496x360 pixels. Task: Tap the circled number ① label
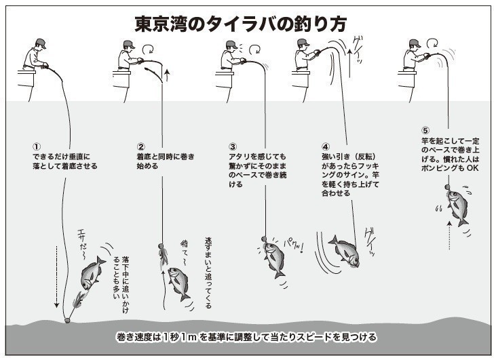37,146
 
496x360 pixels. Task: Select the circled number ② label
140,146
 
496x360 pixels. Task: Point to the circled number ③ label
233,146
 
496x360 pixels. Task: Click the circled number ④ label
325,146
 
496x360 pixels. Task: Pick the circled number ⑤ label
425,131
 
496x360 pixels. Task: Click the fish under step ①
93,273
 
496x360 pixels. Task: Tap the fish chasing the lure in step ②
178,281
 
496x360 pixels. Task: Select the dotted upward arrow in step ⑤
449,235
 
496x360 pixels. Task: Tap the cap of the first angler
39,43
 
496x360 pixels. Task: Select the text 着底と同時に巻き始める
165,161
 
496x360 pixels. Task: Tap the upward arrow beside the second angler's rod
166,74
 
